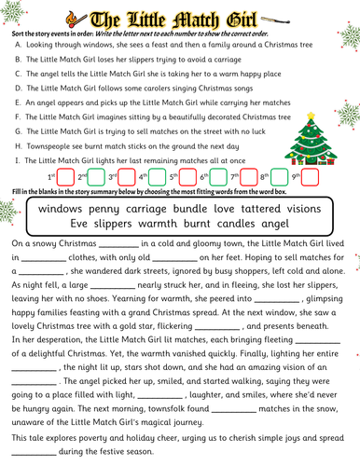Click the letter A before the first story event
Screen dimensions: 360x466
click(19, 45)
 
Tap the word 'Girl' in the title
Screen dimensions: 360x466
click(249, 18)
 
